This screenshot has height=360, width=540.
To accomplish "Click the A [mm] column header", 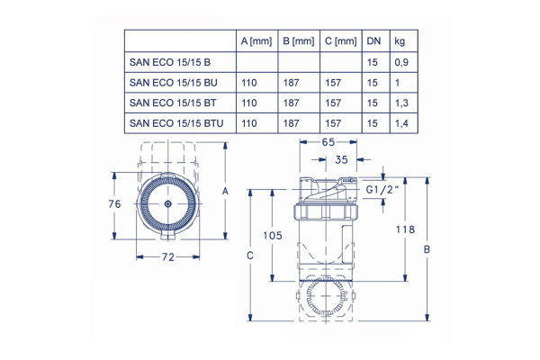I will click(x=256, y=41).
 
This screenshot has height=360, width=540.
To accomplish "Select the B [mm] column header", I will click(x=298, y=41).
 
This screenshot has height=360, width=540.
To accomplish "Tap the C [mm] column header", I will click(x=339, y=41).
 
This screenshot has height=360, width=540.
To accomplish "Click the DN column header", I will click(x=373, y=41).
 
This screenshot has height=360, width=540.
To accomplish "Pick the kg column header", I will click(x=402, y=41).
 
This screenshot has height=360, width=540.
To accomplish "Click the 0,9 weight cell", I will click(x=402, y=62).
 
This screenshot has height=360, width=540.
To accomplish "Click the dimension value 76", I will click(x=113, y=204).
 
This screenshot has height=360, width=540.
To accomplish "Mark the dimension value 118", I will click(x=406, y=229).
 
